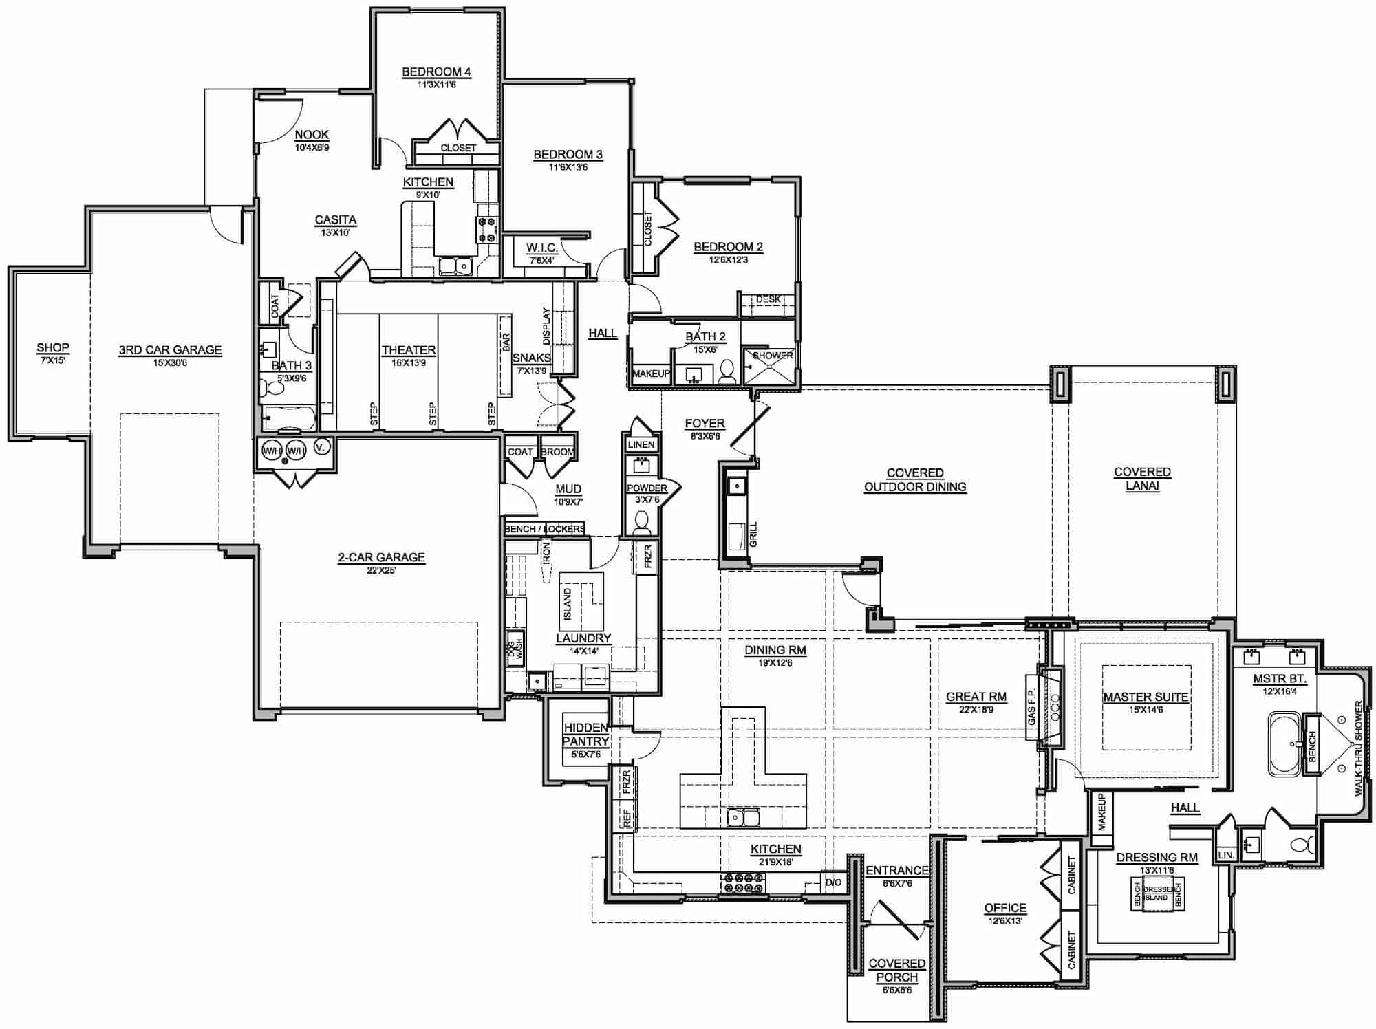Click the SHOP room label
tap(52, 347)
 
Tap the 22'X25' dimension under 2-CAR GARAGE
tap(381, 570)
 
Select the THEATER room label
tap(409, 350)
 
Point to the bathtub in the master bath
tap(1284, 744)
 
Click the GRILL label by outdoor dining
tap(753, 534)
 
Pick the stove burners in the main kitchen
tap(742, 883)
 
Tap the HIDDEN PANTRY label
tap(585, 734)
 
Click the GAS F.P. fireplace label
tap(1031, 707)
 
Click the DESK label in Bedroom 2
tap(768, 299)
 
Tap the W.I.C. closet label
tap(541, 248)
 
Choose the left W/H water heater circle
tap(271, 451)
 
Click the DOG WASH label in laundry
tap(515, 648)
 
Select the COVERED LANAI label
tap(1142, 478)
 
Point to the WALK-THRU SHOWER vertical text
tap(1358, 748)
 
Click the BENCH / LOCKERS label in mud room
tap(544, 528)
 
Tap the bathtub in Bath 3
tap(288, 418)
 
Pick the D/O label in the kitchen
tap(832, 882)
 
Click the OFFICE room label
tap(1004, 908)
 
